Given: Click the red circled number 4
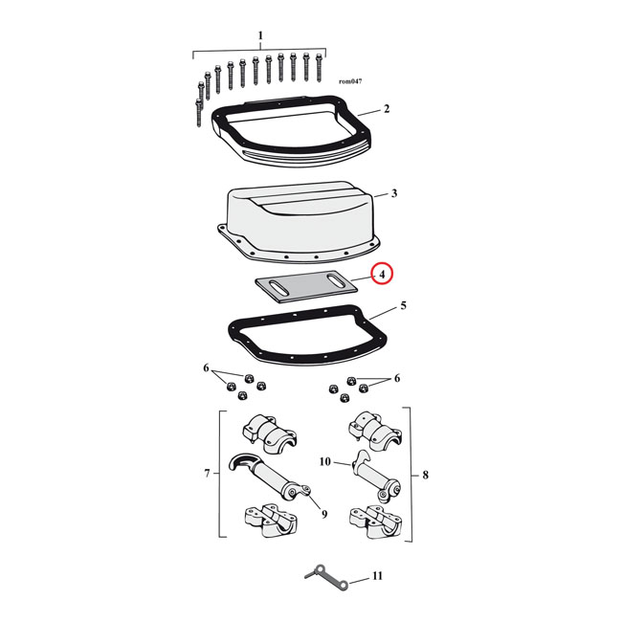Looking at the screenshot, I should pos(382,274).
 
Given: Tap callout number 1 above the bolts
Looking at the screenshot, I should pos(259,36).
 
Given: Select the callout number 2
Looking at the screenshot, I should pos(386,109).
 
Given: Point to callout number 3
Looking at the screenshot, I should pos(393,194).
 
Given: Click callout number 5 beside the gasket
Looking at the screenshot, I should pos(403,306).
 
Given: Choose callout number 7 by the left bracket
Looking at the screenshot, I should pos(207,472).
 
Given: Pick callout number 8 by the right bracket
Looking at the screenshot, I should pos(425,474).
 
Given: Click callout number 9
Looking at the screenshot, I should pos(324,515).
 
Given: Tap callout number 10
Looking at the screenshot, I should pos(325,461).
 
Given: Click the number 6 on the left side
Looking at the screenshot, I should pos(205,367).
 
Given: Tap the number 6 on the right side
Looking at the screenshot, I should pos(396,379).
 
